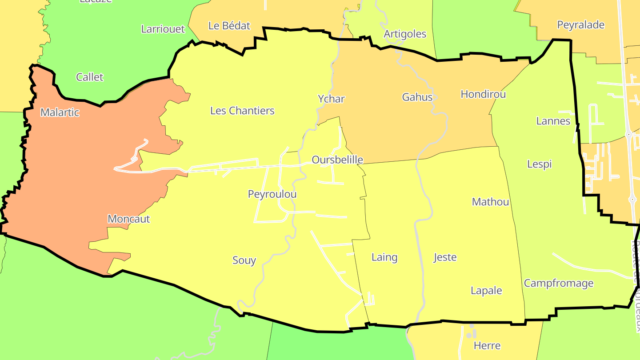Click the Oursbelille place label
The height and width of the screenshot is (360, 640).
click(337, 160)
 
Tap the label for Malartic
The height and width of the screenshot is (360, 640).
click(60, 112)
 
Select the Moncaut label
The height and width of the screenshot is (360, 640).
click(129, 219)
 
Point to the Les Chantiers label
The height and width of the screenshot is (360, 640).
click(242, 111)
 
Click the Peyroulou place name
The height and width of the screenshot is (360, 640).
click(272, 194)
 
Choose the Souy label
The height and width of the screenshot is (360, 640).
click(244, 260)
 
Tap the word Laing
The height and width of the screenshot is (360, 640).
click(384, 257)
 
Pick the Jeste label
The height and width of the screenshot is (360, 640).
click(445, 257)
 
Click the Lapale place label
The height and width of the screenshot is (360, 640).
click(486, 291)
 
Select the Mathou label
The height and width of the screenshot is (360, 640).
click(490, 202)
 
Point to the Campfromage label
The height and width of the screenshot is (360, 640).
click(559, 283)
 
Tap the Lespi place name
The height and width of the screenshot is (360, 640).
click(539, 164)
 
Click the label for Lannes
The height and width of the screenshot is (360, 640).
click(553, 121)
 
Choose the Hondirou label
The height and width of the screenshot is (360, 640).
click(483, 94)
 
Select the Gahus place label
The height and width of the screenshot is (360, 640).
click(417, 97)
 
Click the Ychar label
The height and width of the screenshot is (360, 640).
click(331, 99)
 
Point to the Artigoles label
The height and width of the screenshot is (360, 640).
click(405, 34)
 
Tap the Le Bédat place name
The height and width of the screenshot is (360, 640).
click(229, 26)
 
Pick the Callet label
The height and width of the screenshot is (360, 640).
click(89, 77)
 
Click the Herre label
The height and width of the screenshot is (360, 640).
click(487, 345)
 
